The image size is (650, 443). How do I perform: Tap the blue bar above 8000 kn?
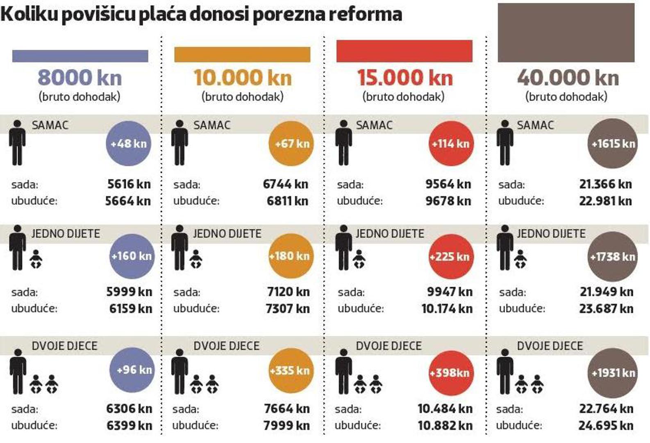point(80,56)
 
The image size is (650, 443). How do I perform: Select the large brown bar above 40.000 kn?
point(566,33)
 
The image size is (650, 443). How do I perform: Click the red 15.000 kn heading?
point(405,78)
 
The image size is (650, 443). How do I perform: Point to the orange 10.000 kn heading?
point(243,78)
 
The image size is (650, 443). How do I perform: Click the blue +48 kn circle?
point(128,144)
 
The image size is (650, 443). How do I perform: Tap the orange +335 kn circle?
point(291,370)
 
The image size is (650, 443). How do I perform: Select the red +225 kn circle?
point(450,257)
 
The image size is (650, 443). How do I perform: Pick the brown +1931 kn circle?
point(612,373)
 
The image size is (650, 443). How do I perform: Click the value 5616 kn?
point(129,184)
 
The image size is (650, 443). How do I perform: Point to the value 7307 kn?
point(288,308)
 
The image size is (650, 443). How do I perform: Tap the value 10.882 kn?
point(445,425)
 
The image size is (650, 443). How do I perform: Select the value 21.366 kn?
point(605,184)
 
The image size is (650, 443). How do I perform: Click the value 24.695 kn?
point(606,425)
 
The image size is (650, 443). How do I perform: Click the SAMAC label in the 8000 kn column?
point(50,125)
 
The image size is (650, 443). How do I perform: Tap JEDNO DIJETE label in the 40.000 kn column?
point(551,234)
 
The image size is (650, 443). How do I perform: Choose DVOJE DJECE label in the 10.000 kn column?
point(226,346)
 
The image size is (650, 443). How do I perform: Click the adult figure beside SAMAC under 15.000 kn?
point(343,143)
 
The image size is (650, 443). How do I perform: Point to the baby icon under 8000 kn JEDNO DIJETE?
point(36,259)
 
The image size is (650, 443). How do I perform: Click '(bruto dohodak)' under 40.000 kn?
point(566,97)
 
